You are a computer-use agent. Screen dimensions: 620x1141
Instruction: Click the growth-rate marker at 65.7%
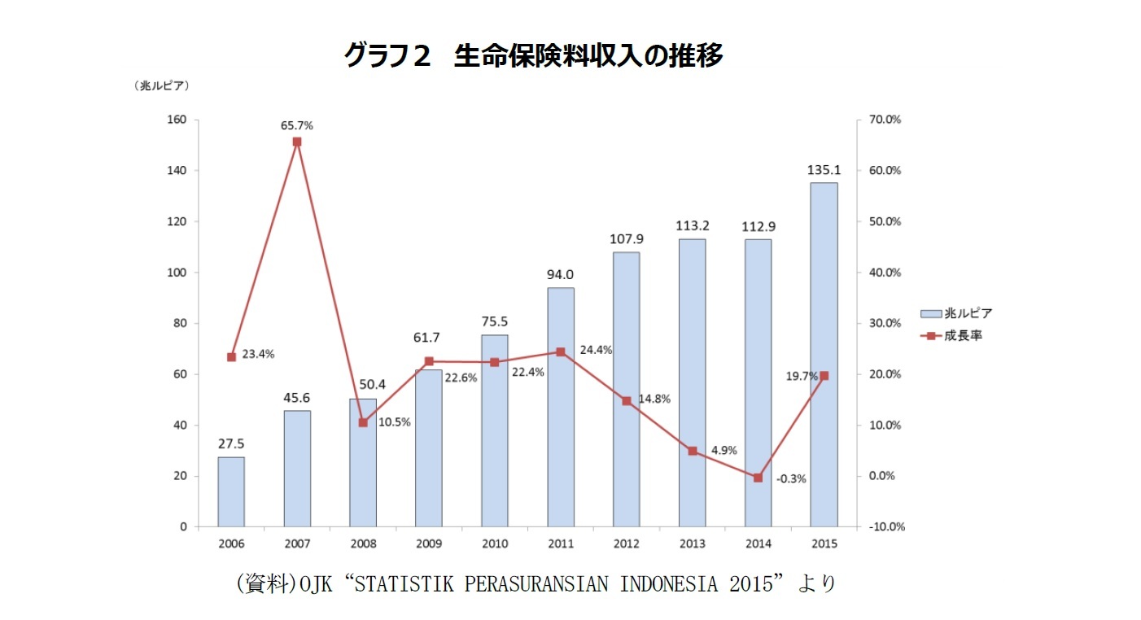[x=297, y=142]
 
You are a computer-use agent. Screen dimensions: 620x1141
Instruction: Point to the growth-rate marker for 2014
[x=758, y=478]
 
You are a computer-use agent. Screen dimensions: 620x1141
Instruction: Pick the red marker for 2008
[x=363, y=422]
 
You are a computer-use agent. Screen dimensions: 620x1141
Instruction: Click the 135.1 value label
[x=824, y=171]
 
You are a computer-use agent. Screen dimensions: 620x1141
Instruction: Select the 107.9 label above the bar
[x=626, y=240]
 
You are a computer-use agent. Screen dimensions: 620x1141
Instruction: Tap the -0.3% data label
[x=790, y=479]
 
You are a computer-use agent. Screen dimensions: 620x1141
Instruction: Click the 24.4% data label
[x=596, y=350]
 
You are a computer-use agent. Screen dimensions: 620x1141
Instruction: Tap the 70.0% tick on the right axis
[x=885, y=120]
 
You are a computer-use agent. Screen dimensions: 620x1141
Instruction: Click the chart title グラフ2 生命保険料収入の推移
[x=533, y=55]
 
